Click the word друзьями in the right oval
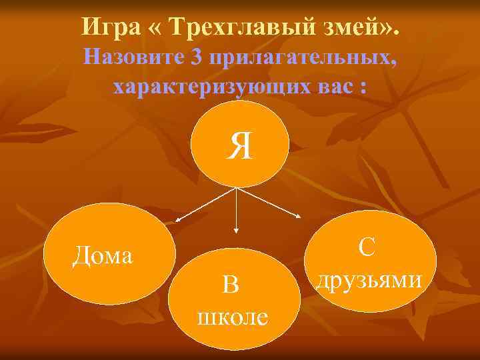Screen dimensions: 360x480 click(369, 279)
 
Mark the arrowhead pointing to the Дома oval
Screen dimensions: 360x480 click(178, 219)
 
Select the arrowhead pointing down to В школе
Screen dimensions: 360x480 click(235, 230)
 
